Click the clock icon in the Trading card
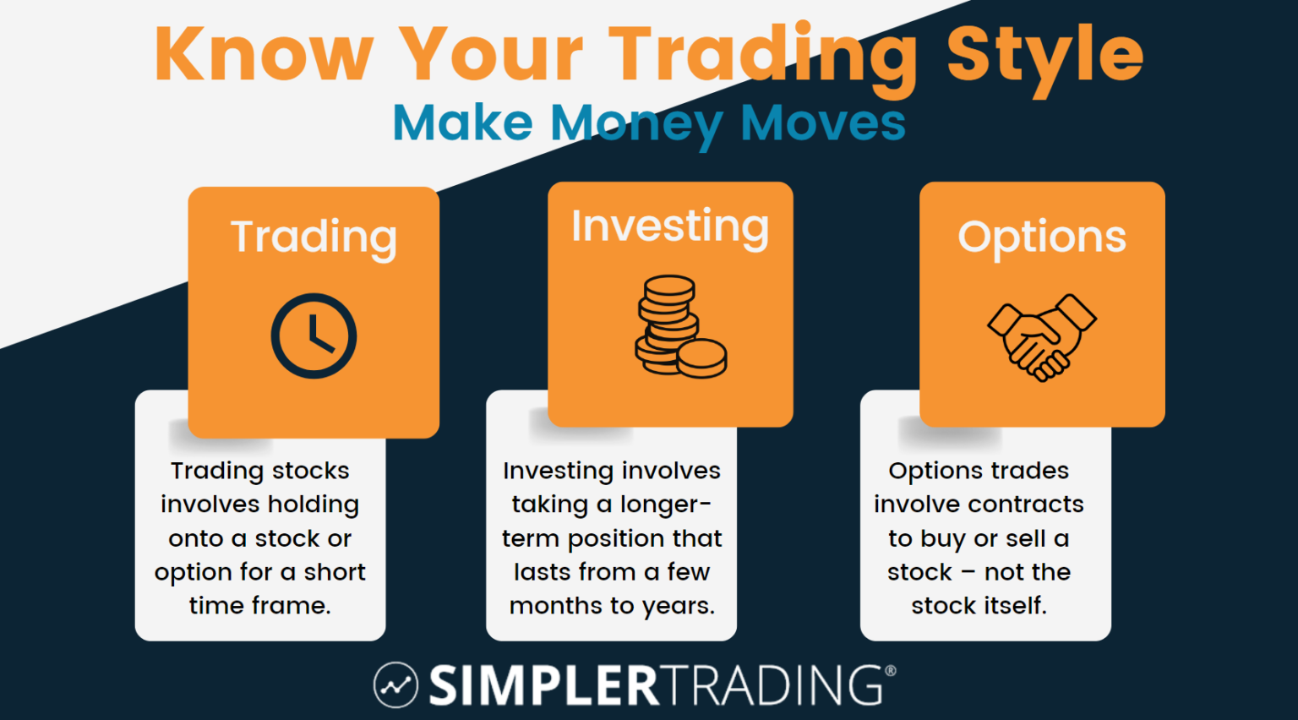coord(314,335)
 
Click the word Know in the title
coord(264,54)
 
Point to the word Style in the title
coord(1044,54)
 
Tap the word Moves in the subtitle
coord(823,123)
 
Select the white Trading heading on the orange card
coord(314,237)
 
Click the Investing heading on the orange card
coord(670,227)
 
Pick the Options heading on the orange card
coord(1042,237)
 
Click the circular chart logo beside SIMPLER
coord(395,685)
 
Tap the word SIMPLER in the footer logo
coord(543,685)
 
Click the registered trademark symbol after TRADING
coord(890,671)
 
